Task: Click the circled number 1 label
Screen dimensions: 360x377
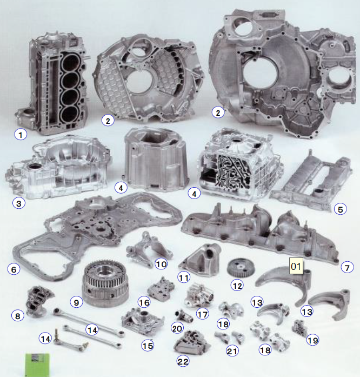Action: [x=21, y=134]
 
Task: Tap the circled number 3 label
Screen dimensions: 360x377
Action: [x=19, y=203]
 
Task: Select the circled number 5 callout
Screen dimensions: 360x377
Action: [x=341, y=209]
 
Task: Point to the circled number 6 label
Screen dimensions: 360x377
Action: [x=14, y=269]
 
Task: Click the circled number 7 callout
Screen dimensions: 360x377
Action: [x=347, y=267]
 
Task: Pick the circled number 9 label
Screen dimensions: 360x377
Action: [x=76, y=302]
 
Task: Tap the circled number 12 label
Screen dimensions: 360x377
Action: [x=237, y=286]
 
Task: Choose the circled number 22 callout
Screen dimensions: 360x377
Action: [x=183, y=361]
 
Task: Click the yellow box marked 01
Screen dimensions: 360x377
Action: [x=296, y=266]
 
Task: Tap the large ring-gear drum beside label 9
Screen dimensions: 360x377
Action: [x=105, y=284]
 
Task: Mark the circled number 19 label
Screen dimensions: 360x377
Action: [x=312, y=340]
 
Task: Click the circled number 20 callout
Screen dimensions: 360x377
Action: [x=177, y=328]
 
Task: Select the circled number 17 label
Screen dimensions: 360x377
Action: [x=202, y=314]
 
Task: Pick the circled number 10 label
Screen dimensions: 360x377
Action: [x=161, y=264]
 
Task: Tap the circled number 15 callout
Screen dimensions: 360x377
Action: [x=148, y=346]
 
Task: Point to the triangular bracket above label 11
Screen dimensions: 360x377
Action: [x=200, y=259]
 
